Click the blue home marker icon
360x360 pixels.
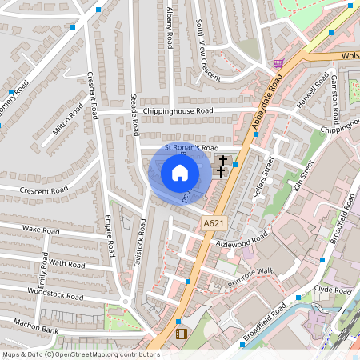(x=180, y=173)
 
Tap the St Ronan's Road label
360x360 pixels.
(x=191, y=148)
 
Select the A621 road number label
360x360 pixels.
(x=213, y=223)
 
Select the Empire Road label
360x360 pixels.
(x=110, y=236)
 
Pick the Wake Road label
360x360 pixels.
(x=41, y=230)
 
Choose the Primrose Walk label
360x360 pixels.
(x=250, y=277)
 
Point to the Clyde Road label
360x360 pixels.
(x=328, y=288)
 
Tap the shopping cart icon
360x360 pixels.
(x=278, y=62)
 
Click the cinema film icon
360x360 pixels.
(x=181, y=334)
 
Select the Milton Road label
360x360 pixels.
(x=68, y=120)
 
